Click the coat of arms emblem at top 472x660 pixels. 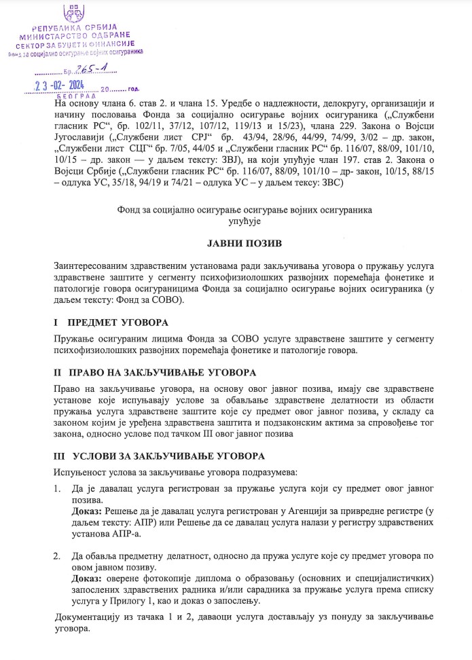73,12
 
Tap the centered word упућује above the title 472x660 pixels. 236,221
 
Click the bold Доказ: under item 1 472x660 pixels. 86,510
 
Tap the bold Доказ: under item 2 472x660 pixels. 86,578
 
